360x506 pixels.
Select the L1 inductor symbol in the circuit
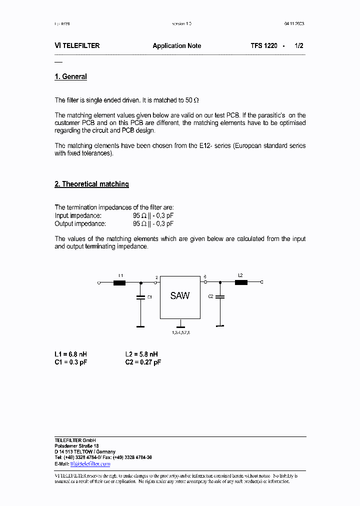pos(119,282)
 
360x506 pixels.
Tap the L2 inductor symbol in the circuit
pos(241,282)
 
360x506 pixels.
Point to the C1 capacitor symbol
pos(140,297)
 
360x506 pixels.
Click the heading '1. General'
pos(70,77)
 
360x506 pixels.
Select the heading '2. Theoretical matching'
pos(91,184)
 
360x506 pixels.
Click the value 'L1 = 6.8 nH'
pos(70,354)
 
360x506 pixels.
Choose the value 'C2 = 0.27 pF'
pos(143,362)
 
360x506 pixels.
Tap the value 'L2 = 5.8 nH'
pos(142,354)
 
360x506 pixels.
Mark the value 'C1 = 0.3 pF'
pos(70,362)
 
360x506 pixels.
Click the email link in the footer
pos(90,464)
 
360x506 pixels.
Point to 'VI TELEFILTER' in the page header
pos(77,45)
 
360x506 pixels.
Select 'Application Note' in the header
pos(177,45)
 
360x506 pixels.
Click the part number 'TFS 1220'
pos(264,45)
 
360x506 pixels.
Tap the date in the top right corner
pos(294,23)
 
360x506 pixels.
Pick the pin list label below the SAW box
pos(180,332)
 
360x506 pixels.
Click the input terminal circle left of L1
pos(99,282)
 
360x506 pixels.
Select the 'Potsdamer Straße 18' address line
pos(76,445)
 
